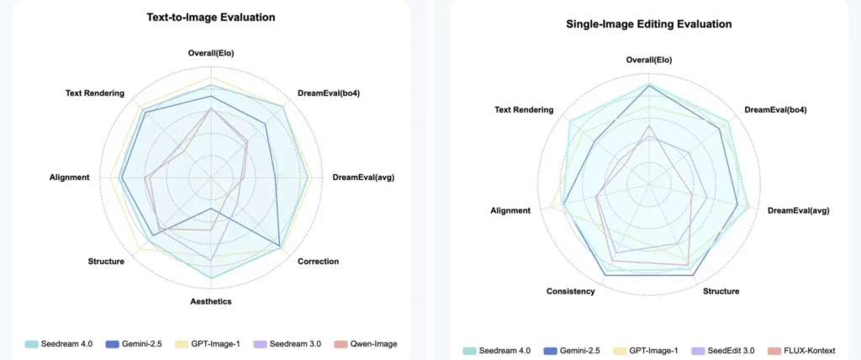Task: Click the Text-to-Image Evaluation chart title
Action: pyautogui.click(x=210, y=17)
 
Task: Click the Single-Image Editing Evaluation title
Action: pyautogui.click(x=648, y=24)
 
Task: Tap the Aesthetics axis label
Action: pyautogui.click(x=210, y=301)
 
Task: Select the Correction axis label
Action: pyautogui.click(x=319, y=262)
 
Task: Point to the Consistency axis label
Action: pyautogui.click(x=570, y=291)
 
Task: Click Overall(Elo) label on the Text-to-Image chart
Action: pyautogui.click(x=210, y=54)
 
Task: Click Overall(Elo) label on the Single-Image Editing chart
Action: pyautogui.click(x=649, y=60)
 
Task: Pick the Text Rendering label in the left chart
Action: pyautogui.click(x=95, y=93)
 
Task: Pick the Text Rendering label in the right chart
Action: pyautogui.click(x=524, y=109)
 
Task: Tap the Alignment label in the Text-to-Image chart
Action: pyautogui.click(x=70, y=177)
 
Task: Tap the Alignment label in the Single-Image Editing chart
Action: pyautogui.click(x=510, y=210)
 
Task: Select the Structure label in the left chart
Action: pyautogui.click(x=106, y=262)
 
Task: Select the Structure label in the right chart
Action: pyautogui.click(x=721, y=291)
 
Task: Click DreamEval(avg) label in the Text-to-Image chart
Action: pyautogui.click(x=363, y=177)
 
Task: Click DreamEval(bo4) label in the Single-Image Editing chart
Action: pyautogui.click(x=776, y=109)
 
